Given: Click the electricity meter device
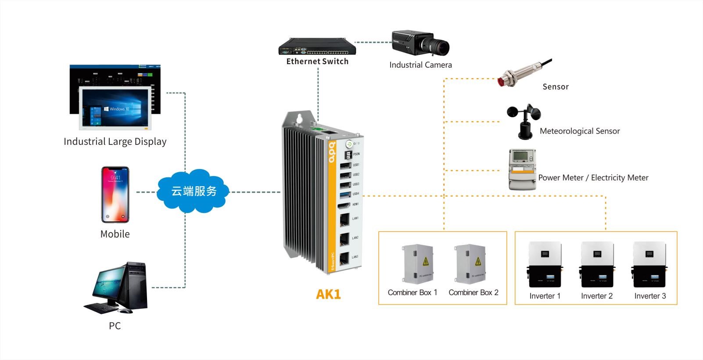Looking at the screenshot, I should pyautogui.click(x=522, y=169).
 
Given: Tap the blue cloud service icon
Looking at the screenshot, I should pyautogui.click(x=194, y=191).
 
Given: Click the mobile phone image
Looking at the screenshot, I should pyautogui.click(x=115, y=194).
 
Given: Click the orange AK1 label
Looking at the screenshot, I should pyautogui.click(x=328, y=294).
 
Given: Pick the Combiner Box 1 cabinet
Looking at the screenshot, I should pyautogui.click(x=417, y=263).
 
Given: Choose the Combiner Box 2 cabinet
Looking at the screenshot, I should pyautogui.click(x=470, y=264).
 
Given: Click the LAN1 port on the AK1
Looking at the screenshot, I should pyautogui.click(x=345, y=218).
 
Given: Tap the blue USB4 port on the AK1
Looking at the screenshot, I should pyautogui.click(x=345, y=194).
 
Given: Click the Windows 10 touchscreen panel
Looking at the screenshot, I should pyautogui.click(x=115, y=108).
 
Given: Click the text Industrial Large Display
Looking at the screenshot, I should pyautogui.click(x=115, y=141).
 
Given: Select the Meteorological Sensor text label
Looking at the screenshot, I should pyautogui.click(x=580, y=131).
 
